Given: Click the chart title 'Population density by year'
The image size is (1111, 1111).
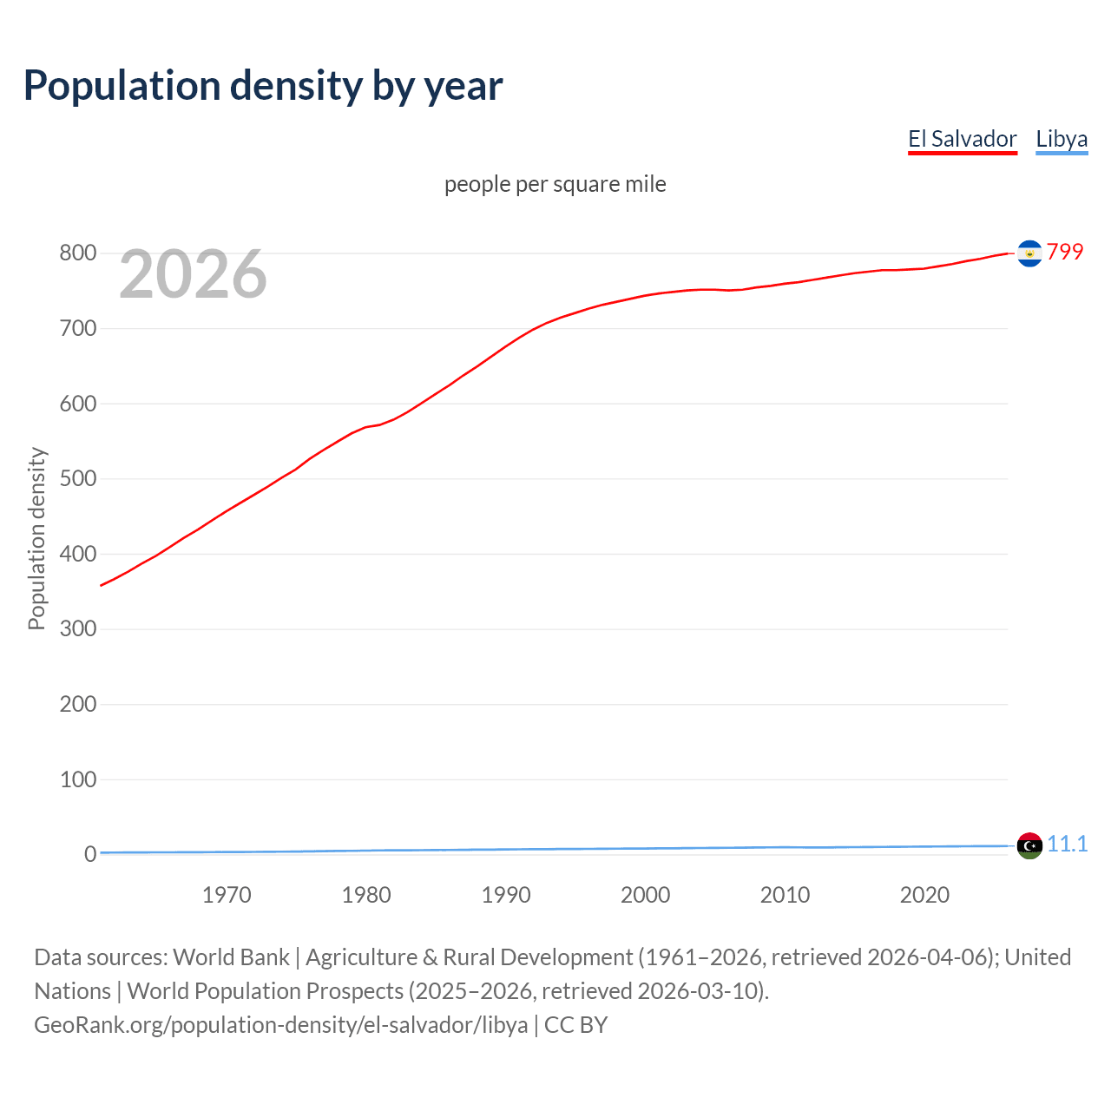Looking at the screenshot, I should [263, 86].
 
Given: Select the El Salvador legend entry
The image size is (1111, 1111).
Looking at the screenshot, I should [962, 139].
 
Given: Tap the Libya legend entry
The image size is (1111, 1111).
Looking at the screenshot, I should [1062, 139].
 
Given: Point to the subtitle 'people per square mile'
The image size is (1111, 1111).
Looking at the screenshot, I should [555, 184].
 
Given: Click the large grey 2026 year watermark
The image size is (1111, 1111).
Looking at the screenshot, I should [193, 274].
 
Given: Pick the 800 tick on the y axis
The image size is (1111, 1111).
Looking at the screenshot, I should [77, 253].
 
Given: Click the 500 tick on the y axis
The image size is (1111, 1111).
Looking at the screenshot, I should [77, 478].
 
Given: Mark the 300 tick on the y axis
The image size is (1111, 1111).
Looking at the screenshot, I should [77, 628].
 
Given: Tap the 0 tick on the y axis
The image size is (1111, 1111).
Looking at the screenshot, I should [90, 854].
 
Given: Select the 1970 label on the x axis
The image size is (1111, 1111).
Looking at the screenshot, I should [227, 895].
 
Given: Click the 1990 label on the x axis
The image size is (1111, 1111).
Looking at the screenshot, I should [506, 895].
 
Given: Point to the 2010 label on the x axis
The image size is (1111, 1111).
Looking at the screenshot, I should [785, 895].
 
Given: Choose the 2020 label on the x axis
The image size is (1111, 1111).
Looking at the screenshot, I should [924, 895].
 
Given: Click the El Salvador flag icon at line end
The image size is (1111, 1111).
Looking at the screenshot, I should [1029, 253].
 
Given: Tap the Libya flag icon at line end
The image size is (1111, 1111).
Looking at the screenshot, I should [1029, 845].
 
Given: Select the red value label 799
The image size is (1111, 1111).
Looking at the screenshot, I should [1065, 252].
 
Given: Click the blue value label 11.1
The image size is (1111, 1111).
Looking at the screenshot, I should [1067, 844].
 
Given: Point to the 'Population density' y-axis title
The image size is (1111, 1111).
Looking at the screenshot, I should [36, 538].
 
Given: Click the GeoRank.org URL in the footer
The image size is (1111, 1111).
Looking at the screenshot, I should [280, 1024].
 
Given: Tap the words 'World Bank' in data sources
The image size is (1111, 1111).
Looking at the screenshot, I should [231, 957].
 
